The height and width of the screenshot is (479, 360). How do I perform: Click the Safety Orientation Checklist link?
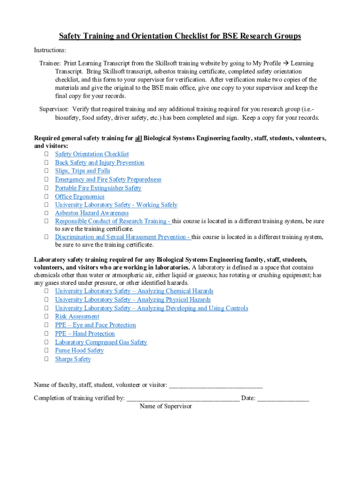click(92, 154)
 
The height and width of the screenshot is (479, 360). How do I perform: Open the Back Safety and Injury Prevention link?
click(100, 162)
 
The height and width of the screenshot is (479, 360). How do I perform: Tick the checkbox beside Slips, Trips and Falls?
click(47, 171)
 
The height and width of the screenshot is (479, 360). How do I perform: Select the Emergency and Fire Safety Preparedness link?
click(108, 180)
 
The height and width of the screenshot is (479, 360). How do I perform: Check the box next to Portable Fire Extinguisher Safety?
click(47, 188)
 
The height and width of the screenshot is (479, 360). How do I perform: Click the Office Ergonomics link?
click(79, 196)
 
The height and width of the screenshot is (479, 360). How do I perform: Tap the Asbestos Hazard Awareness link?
click(92, 213)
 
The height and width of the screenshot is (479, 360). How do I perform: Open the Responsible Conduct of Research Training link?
click(112, 221)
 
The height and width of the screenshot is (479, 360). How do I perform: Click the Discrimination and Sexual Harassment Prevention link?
click(122, 237)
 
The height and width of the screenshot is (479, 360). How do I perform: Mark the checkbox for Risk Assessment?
click(47, 317)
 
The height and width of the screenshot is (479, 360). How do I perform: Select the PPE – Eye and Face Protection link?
click(95, 325)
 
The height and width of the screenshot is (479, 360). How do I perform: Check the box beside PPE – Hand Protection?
click(47, 334)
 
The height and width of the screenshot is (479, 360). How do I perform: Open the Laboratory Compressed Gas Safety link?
click(101, 342)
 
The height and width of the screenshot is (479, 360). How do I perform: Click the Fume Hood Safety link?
click(79, 350)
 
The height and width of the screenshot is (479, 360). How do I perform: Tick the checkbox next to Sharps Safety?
click(47, 359)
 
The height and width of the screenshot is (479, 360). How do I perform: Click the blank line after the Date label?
click(283, 399)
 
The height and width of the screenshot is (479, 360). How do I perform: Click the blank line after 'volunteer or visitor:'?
click(216, 385)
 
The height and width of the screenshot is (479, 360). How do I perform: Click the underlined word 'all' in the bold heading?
click(138, 138)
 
